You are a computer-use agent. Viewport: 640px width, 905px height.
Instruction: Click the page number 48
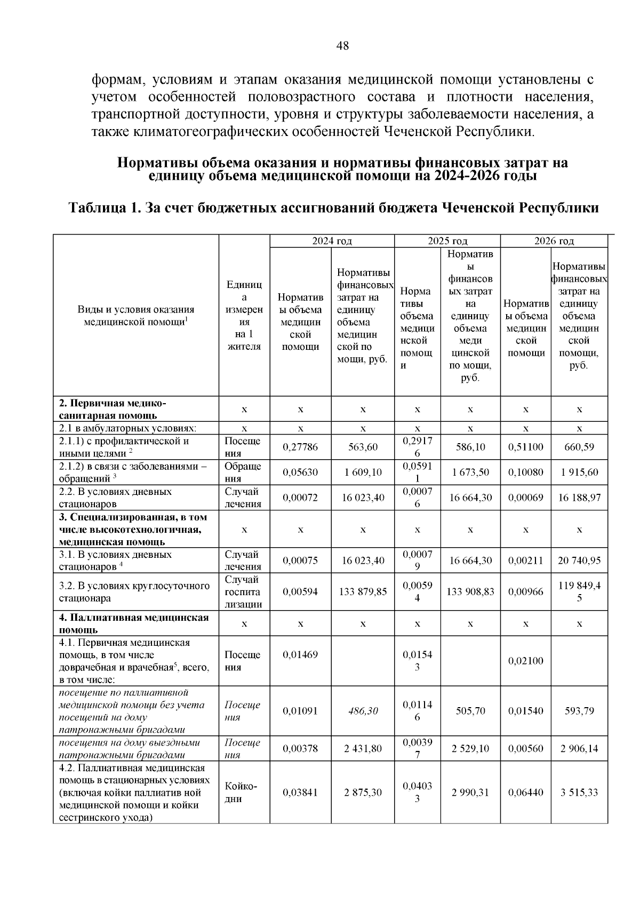pos(342,46)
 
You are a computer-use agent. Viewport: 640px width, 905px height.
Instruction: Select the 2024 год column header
pos(332,241)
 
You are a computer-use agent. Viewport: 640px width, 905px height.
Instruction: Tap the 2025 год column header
pos(447,241)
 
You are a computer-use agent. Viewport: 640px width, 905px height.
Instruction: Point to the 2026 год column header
pos(554,241)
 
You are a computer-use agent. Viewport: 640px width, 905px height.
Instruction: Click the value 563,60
pos(363,447)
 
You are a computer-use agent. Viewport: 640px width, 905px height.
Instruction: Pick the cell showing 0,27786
pos(300,447)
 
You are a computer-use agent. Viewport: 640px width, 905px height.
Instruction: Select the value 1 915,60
pos(579,472)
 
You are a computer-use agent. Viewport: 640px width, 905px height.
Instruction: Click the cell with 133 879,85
pos(363,591)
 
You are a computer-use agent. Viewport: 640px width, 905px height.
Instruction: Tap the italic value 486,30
pos(363,711)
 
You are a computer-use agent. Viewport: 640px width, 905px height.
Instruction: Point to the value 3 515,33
pos(579,792)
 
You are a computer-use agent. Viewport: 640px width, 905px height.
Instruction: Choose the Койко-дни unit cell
pos(241,792)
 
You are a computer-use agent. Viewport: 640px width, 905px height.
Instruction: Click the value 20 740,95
pos(579,560)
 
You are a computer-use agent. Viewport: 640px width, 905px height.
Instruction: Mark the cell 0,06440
pos(525,792)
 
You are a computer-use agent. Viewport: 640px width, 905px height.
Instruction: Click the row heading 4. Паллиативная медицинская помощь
pos(133,623)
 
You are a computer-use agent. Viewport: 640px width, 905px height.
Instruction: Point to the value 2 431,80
pos(363,749)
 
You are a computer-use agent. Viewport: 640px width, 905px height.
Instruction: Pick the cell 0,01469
pos(300,654)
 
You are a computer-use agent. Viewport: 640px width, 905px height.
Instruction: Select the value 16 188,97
pos(579,498)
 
